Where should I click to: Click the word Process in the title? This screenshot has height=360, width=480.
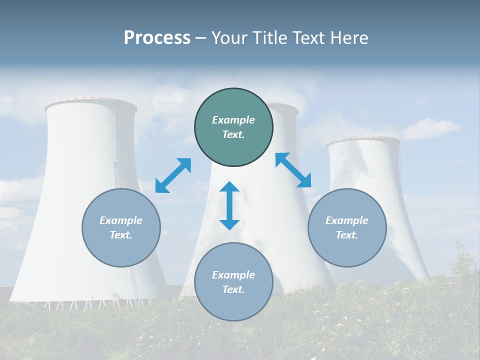point(157,38)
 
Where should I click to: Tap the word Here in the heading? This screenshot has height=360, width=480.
point(349,38)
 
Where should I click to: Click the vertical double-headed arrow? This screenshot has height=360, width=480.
point(229,205)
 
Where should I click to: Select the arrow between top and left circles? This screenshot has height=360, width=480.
point(173,175)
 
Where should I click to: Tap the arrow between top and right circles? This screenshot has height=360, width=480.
point(293,170)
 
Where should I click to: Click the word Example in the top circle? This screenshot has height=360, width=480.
point(233,120)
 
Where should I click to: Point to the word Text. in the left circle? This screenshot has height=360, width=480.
point(121,235)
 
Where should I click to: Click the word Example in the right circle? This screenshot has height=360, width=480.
point(347,220)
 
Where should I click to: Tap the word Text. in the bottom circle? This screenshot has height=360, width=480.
point(233,289)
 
